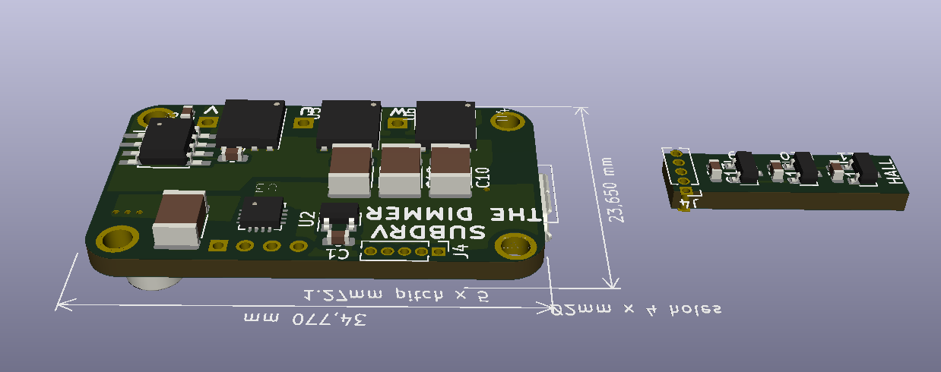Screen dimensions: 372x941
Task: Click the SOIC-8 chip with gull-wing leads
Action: (165, 142)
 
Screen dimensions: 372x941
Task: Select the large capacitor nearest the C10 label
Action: (450, 172)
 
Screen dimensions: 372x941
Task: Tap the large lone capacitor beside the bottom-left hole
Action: (180, 219)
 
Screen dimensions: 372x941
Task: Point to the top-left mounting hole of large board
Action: (146, 118)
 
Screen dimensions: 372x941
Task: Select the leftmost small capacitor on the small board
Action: (715, 170)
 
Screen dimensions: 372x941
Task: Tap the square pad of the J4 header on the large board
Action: (438, 252)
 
